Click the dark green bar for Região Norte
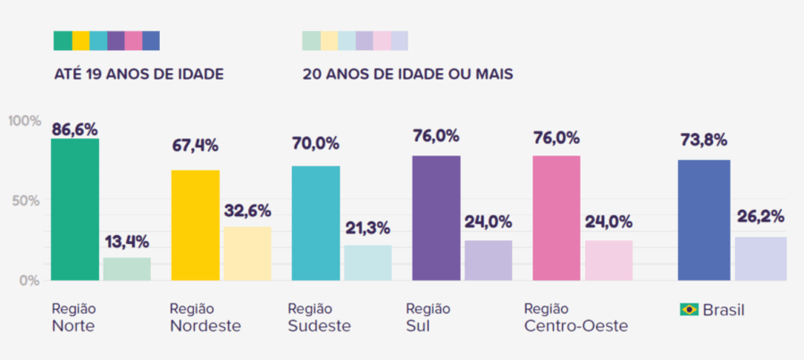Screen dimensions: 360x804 74,210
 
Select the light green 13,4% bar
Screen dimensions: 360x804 127,269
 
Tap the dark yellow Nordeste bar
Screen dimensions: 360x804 195,225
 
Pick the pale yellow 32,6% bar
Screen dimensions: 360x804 247,254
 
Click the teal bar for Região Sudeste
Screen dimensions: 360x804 315,223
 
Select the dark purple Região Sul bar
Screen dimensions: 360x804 436,219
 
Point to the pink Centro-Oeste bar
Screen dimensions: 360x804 557,219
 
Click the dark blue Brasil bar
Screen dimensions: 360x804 704,221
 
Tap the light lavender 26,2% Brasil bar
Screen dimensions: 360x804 760,259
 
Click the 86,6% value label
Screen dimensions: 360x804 75,130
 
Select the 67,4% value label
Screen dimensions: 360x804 195,146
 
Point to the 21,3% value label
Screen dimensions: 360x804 367,228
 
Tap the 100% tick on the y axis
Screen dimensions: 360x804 24,121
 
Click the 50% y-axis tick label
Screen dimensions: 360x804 26,200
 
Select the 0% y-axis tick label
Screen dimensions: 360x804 29,280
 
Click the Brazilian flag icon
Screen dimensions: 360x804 689,309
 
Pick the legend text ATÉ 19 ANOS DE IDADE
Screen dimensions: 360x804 139,73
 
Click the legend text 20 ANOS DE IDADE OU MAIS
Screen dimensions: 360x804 407,73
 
